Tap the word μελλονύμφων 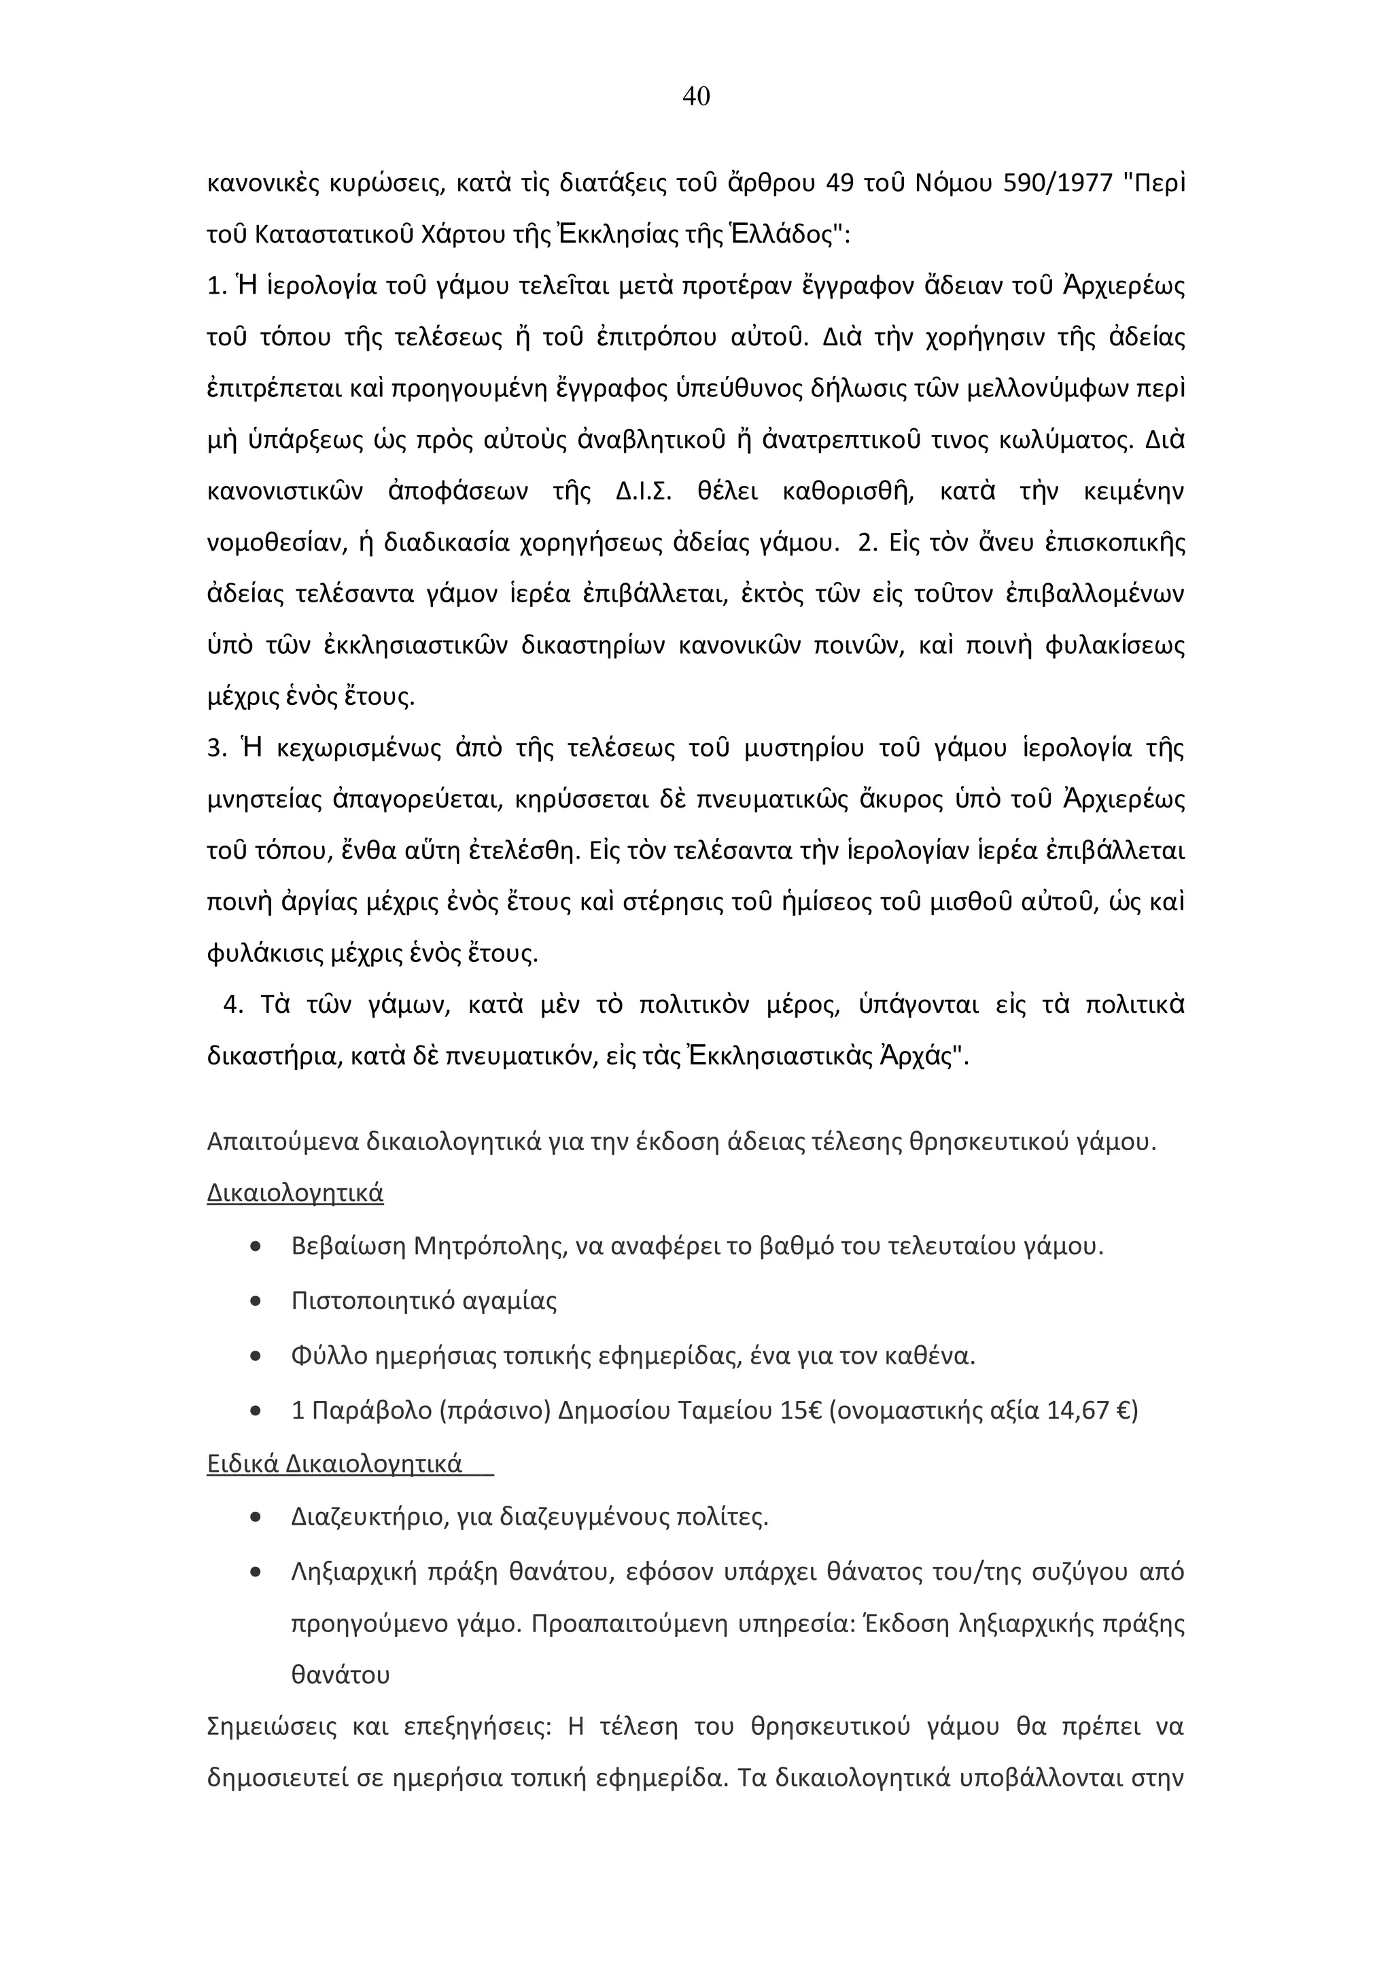pyautogui.click(x=1045, y=390)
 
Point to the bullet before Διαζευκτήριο pyautogui.click(x=256, y=1518)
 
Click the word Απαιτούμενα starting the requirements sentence pyautogui.click(x=282, y=1143)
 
